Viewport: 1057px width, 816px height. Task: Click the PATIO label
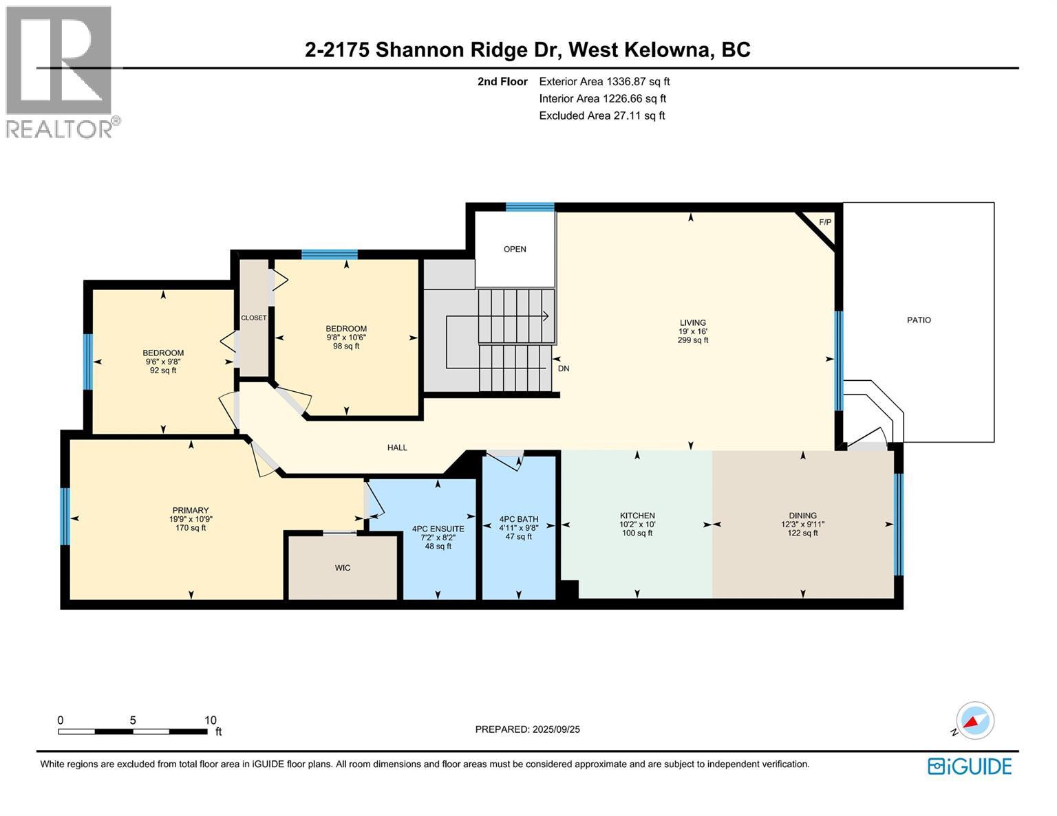[x=919, y=320]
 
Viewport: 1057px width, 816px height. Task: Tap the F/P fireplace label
[x=825, y=222]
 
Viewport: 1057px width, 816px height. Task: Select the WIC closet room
[x=343, y=568]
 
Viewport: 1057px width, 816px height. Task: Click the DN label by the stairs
[x=564, y=368]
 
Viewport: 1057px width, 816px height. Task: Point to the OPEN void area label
[x=515, y=250]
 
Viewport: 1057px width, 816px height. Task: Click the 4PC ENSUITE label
[x=438, y=529]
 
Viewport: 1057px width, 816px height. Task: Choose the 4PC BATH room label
[x=519, y=520]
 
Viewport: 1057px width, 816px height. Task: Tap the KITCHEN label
[x=637, y=516]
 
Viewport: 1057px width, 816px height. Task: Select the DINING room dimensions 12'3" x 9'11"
[x=802, y=525]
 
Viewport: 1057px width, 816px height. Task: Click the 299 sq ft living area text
[x=692, y=340]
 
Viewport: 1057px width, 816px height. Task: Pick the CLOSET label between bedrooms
[x=253, y=318]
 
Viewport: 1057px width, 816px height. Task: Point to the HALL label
[x=397, y=448]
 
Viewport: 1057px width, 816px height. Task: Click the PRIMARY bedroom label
[x=191, y=511]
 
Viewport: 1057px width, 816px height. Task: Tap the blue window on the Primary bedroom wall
[x=65, y=516]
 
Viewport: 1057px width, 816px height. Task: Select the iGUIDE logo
[x=969, y=767]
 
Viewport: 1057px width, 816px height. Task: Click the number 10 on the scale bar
[x=210, y=720]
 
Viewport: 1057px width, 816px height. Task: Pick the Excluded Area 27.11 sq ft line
[x=601, y=115]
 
